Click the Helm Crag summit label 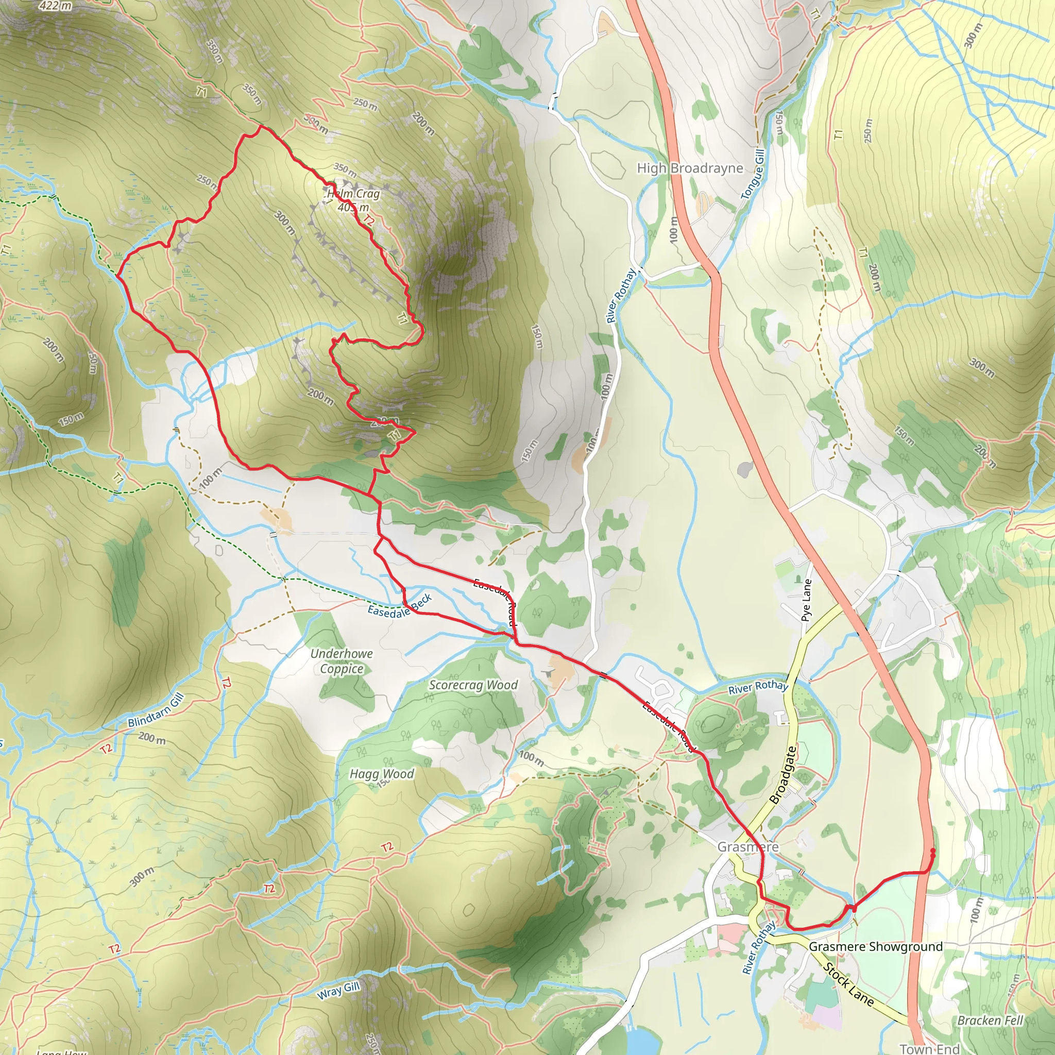353,193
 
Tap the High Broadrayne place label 690,167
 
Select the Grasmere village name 747,846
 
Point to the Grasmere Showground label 875,946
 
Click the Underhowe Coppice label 342,661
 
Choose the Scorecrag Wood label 473,685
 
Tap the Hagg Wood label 382,774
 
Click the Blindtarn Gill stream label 156,710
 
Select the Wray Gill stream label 338,990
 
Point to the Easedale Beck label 400,606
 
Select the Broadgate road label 783,774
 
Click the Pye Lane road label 807,600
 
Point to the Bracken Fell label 990,1020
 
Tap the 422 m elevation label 56,6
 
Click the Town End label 929,1048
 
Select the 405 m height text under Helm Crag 353,208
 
